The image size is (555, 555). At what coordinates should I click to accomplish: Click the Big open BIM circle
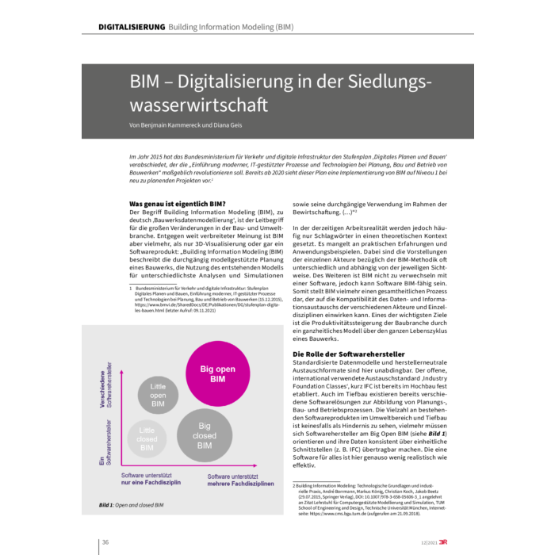(212, 373)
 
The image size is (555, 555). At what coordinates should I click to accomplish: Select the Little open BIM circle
(158, 394)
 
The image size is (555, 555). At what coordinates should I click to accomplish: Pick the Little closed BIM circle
(147, 438)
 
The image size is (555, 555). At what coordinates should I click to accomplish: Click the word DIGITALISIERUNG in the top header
(131, 27)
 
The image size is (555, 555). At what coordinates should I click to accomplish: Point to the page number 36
(105, 542)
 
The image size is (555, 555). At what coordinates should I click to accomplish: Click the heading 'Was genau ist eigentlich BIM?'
(178, 204)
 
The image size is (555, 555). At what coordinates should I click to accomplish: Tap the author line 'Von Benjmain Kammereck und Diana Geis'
(187, 124)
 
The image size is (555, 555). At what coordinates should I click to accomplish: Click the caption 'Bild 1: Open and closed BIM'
(131, 505)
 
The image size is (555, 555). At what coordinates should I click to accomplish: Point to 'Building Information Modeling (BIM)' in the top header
(231, 27)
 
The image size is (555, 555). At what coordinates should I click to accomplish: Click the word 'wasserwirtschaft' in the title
(200, 104)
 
